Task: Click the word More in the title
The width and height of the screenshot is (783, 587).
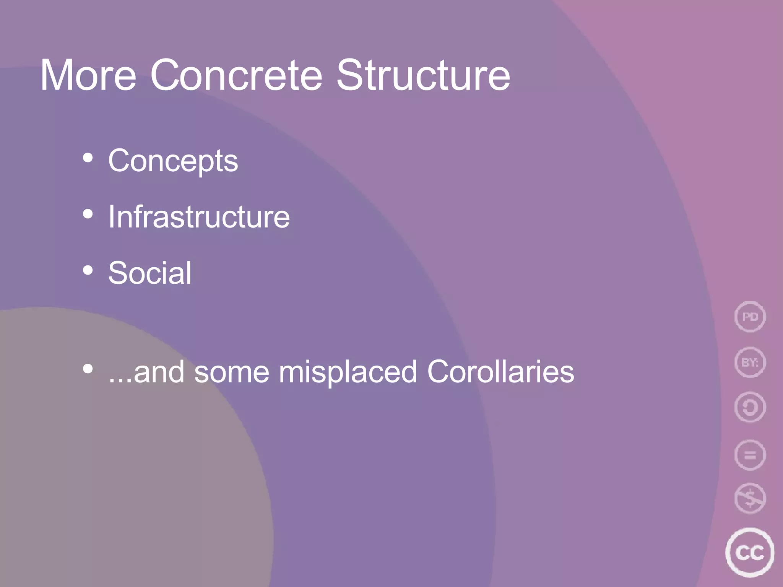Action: pyautogui.click(x=88, y=75)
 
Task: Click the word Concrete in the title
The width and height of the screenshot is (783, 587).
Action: pyautogui.click(x=236, y=75)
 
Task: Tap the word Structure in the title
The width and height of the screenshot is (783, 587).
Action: pyautogui.click(x=423, y=75)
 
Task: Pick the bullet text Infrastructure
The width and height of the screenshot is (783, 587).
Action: pyautogui.click(x=199, y=217)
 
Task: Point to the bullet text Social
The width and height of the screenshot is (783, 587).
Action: pyautogui.click(x=149, y=273)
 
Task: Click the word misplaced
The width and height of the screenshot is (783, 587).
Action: pyautogui.click(x=348, y=372)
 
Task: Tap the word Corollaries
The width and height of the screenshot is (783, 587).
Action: pyautogui.click(x=500, y=372)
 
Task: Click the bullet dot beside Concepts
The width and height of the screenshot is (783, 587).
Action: pyautogui.click(x=88, y=158)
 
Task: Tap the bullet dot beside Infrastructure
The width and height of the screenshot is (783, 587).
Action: pyautogui.click(x=88, y=215)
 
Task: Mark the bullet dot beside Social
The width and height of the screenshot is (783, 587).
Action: pyautogui.click(x=88, y=270)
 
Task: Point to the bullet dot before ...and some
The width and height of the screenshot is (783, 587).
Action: pyautogui.click(x=88, y=369)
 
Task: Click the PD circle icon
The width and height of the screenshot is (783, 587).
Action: pyautogui.click(x=750, y=317)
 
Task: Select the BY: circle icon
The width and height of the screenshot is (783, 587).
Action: pyautogui.click(x=750, y=362)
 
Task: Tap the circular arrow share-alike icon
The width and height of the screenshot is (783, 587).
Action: pyautogui.click(x=750, y=407)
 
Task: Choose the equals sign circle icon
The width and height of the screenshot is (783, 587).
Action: pyautogui.click(x=750, y=455)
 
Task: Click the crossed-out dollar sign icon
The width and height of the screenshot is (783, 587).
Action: pyautogui.click(x=750, y=499)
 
